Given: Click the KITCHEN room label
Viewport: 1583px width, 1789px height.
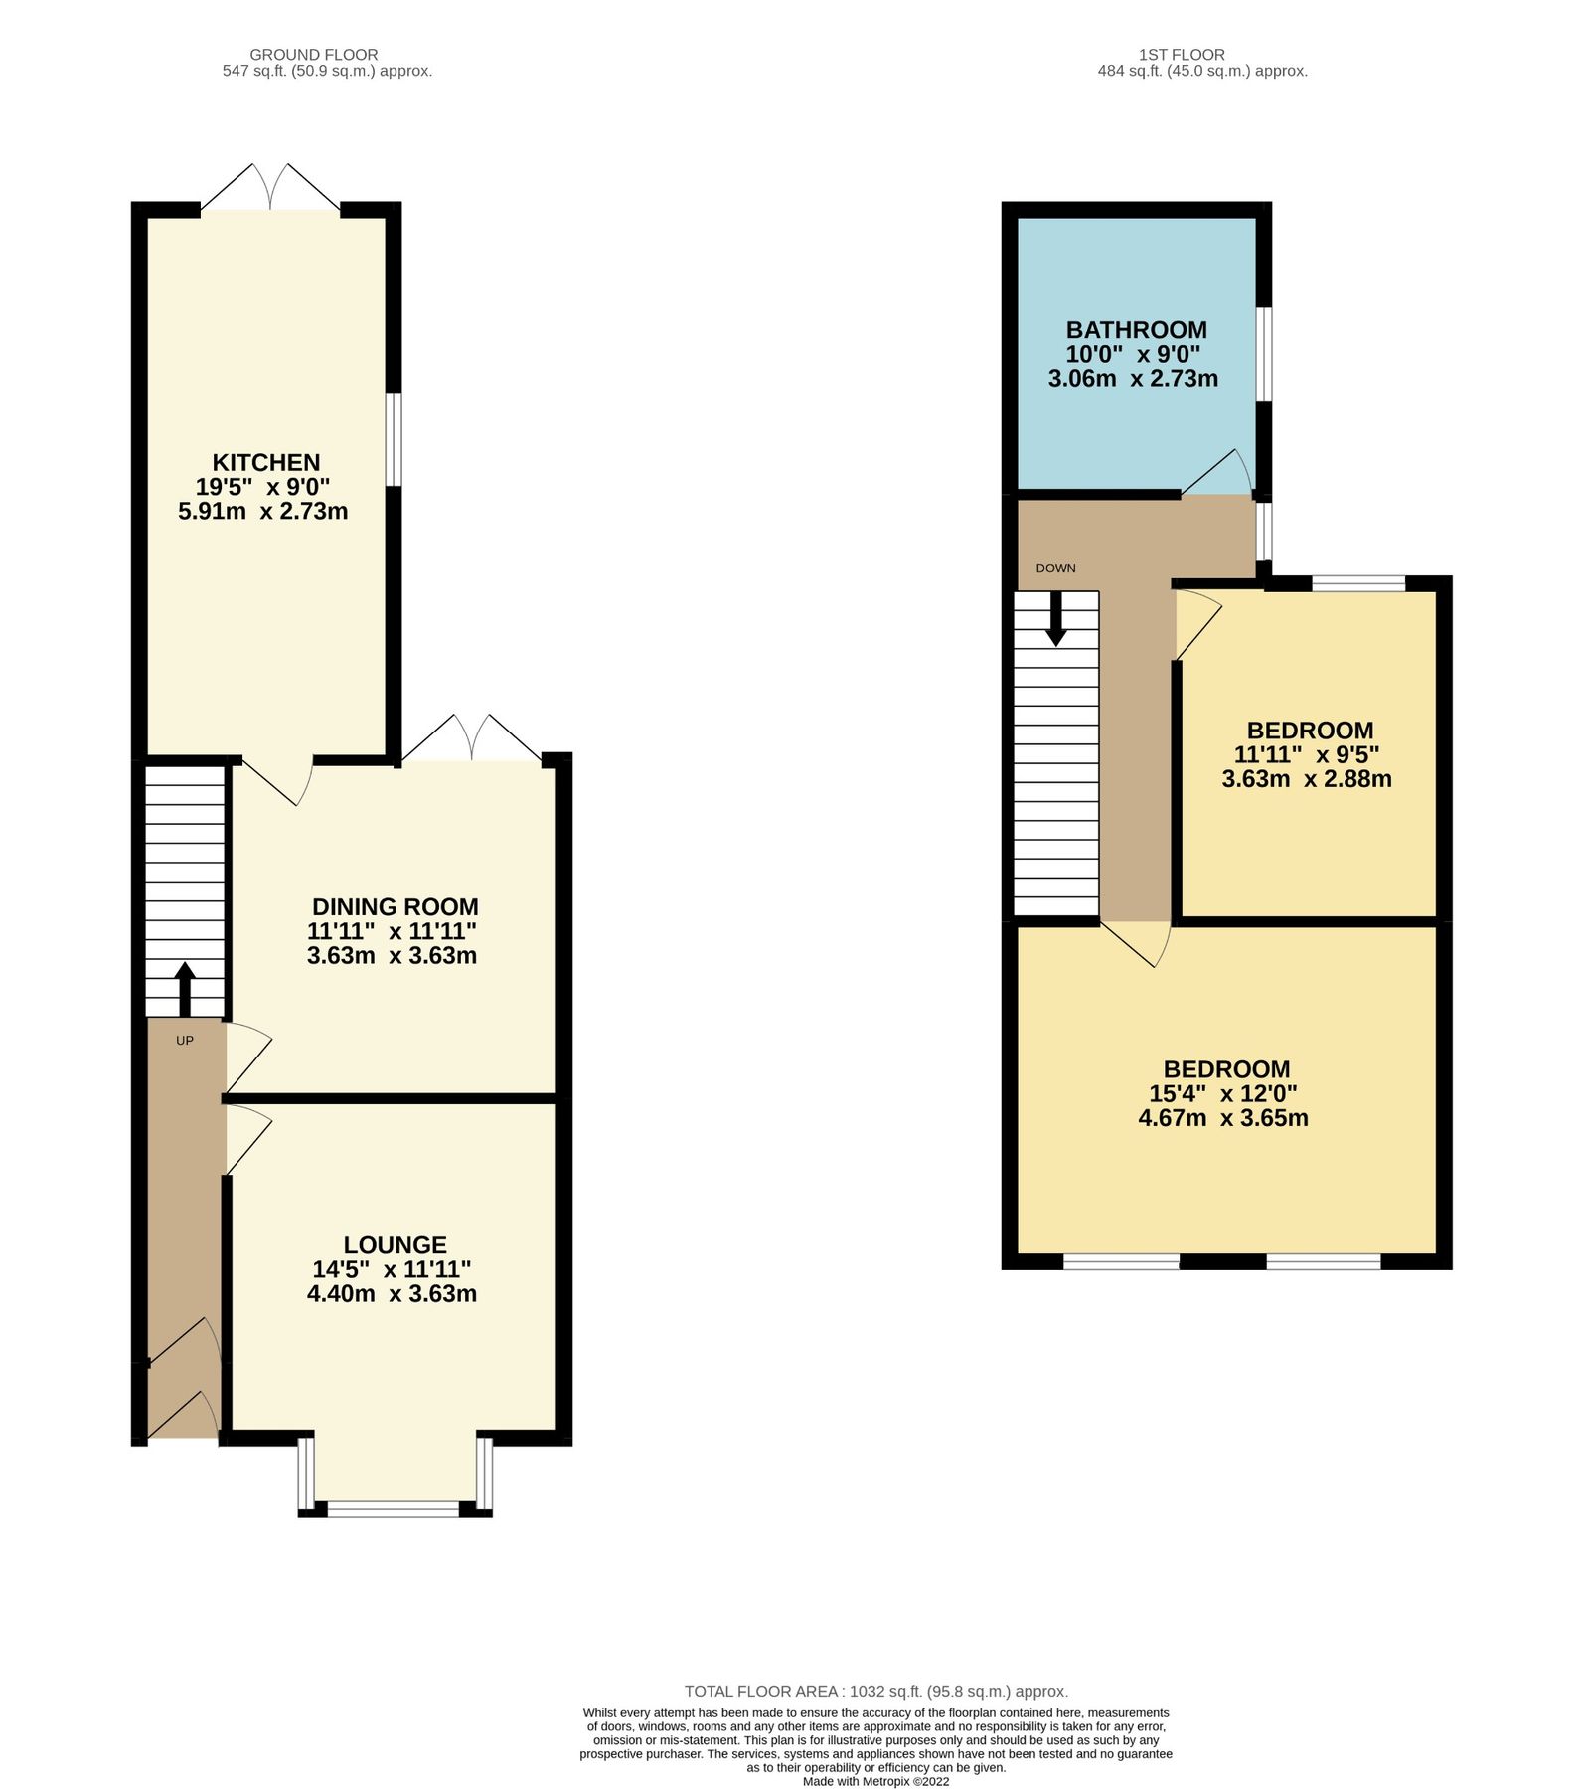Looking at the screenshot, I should [x=265, y=462].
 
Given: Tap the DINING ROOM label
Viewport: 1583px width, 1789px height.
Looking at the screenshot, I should [x=395, y=906].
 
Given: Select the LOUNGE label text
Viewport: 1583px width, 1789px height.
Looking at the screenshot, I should [x=395, y=1244].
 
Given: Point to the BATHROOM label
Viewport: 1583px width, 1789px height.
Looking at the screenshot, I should [x=1136, y=329].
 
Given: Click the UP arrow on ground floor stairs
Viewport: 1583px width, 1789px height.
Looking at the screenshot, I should [x=185, y=987].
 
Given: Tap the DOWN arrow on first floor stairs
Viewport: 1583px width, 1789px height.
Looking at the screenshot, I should [x=1055, y=617].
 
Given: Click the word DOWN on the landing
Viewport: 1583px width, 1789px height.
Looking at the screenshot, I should [x=1055, y=569].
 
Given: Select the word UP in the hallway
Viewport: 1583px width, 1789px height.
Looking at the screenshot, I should [x=185, y=1041].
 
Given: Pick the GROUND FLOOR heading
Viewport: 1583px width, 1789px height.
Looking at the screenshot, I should [x=313, y=55].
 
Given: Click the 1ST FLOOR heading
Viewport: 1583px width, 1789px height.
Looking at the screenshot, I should [x=1182, y=55].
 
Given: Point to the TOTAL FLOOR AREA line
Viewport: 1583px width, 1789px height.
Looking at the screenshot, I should [x=875, y=1691].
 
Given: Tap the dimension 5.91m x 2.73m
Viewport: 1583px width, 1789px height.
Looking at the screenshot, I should [x=262, y=512].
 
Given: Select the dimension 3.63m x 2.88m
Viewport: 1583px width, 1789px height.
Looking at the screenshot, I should [x=1306, y=779].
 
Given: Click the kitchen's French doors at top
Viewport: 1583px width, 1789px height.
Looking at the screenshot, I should [x=271, y=188].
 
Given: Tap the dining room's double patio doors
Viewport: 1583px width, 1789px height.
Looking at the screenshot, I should [x=473, y=739].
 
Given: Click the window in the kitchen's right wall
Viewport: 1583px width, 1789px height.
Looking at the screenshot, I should [x=394, y=439].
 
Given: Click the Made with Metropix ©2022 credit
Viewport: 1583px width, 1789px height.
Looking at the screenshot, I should [x=875, y=1782].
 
